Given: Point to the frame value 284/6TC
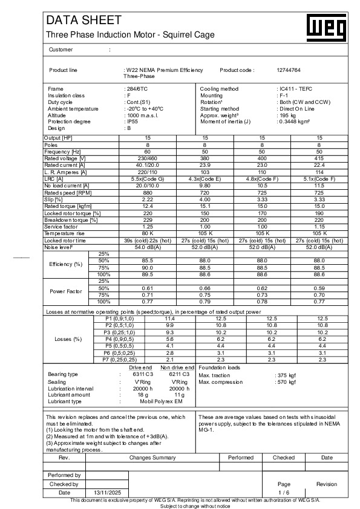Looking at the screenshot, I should (x=134, y=89).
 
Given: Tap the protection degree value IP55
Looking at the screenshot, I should (x=130, y=122).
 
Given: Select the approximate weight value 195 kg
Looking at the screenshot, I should (x=286, y=115).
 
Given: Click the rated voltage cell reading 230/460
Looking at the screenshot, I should (x=148, y=158).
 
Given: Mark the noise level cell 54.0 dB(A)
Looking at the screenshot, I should (x=148, y=247).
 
